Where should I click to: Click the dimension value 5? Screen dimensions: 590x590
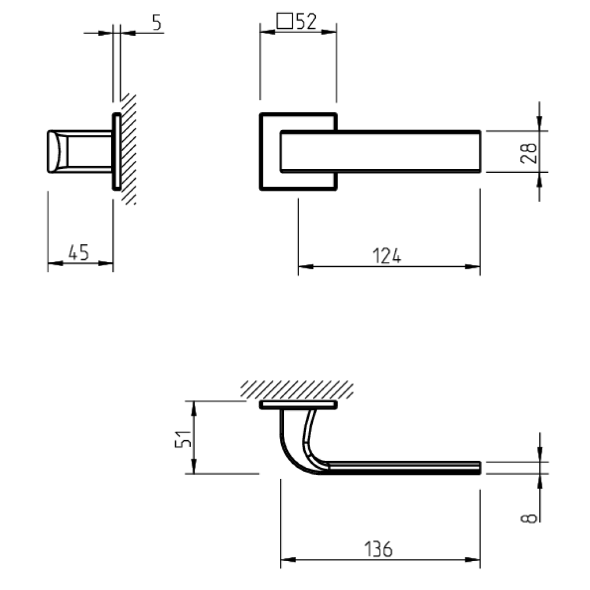click(157, 22)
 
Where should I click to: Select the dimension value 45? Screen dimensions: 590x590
click(78, 252)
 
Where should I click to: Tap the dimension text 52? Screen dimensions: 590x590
click(305, 21)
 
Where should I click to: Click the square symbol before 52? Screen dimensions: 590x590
click(284, 22)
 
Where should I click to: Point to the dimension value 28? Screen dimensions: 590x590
click(529, 154)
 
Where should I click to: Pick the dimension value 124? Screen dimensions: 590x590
click(387, 256)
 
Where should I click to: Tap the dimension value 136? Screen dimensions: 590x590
click(379, 549)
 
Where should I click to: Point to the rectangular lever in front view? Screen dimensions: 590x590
click(380, 151)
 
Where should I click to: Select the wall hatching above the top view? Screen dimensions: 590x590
click(297, 389)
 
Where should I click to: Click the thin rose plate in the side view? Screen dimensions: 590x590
click(116, 151)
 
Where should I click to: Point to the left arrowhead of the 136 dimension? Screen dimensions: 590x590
click(287, 559)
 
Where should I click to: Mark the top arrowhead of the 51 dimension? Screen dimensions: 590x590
click(194, 407)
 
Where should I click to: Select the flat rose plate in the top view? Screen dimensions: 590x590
click(298, 406)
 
